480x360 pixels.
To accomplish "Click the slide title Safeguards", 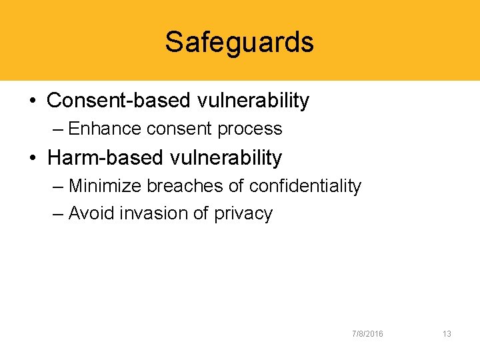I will (x=239, y=42).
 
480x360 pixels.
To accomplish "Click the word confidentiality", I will (x=305, y=186).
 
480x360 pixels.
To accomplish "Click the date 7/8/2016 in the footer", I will (x=367, y=333).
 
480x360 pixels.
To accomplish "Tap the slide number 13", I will (x=447, y=333).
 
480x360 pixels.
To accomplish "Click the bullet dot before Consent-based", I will (x=33, y=101).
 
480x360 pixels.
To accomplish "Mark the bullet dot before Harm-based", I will (x=33, y=159).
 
